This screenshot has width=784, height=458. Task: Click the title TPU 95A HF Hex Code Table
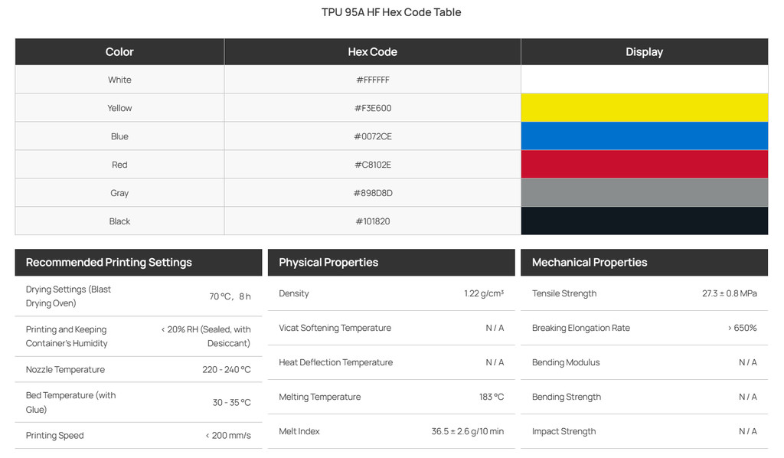[x=391, y=12]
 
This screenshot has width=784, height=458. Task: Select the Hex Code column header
[x=373, y=52]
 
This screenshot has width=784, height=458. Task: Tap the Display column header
[x=644, y=52]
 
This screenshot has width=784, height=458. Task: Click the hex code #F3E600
[x=373, y=108]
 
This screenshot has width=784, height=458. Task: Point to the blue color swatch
[x=644, y=136]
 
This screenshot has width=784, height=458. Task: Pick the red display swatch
[x=644, y=165]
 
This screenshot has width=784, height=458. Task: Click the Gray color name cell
[x=119, y=193]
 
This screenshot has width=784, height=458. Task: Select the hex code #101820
[x=373, y=221]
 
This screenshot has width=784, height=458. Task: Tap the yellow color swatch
[x=644, y=107]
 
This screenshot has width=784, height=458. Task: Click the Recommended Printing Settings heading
[x=109, y=263]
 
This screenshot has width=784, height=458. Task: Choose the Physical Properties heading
[x=328, y=263]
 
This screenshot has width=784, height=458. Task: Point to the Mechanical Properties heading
[x=590, y=263]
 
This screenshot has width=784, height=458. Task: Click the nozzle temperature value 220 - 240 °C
[x=227, y=369]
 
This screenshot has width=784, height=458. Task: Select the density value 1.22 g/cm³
[x=484, y=293]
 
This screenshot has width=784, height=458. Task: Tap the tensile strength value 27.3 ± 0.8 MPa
[x=729, y=293]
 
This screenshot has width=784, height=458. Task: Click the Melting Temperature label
[x=319, y=397]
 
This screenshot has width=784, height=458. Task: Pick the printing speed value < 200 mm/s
[x=228, y=436]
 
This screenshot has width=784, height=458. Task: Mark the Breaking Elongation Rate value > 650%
[x=742, y=328]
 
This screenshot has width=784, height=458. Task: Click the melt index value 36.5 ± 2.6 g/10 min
[x=468, y=431]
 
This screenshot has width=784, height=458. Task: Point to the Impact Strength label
[x=563, y=431]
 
